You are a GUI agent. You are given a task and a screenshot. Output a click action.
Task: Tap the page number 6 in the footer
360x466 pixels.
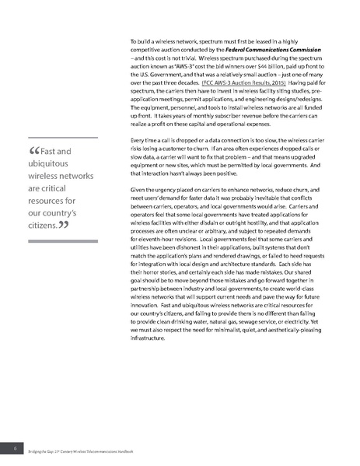point(14,450)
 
